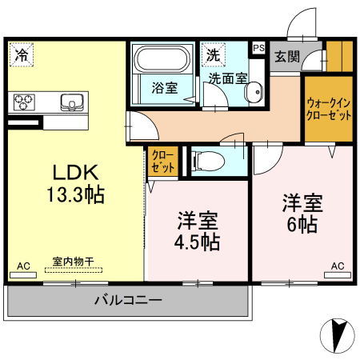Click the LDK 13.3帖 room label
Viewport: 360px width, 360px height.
(x=75, y=182)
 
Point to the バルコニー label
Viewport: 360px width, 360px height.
(x=129, y=301)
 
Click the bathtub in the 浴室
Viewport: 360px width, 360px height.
(x=162, y=59)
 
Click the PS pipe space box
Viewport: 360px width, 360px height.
(x=258, y=48)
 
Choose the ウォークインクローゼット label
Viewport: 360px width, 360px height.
(x=328, y=109)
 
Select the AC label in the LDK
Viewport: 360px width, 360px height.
(x=23, y=266)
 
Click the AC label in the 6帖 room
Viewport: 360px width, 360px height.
(x=338, y=266)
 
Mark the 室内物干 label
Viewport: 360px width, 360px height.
(x=74, y=262)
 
